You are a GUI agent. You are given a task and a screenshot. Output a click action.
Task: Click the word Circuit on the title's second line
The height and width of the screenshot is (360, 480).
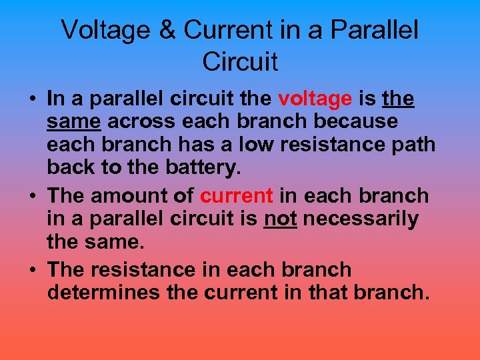[x=240, y=61]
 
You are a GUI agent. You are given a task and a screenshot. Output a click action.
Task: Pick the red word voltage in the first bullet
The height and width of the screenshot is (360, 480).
[x=315, y=99]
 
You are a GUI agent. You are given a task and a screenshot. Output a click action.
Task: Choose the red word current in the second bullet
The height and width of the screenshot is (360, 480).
[x=237, y=196]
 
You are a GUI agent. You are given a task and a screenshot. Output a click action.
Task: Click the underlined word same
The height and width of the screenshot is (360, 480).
[x=74, y=122]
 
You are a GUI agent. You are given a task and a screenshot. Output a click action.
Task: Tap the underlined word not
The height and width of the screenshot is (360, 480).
[x=281, y=219]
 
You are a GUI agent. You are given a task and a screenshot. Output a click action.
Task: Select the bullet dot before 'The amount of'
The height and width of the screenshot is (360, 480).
[x=32, y=197]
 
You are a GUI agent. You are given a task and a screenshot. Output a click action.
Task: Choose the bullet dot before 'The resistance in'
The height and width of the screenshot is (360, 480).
[x=32, y=270]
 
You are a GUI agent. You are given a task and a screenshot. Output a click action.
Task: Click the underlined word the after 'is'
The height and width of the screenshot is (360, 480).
[x=399, y=99]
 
